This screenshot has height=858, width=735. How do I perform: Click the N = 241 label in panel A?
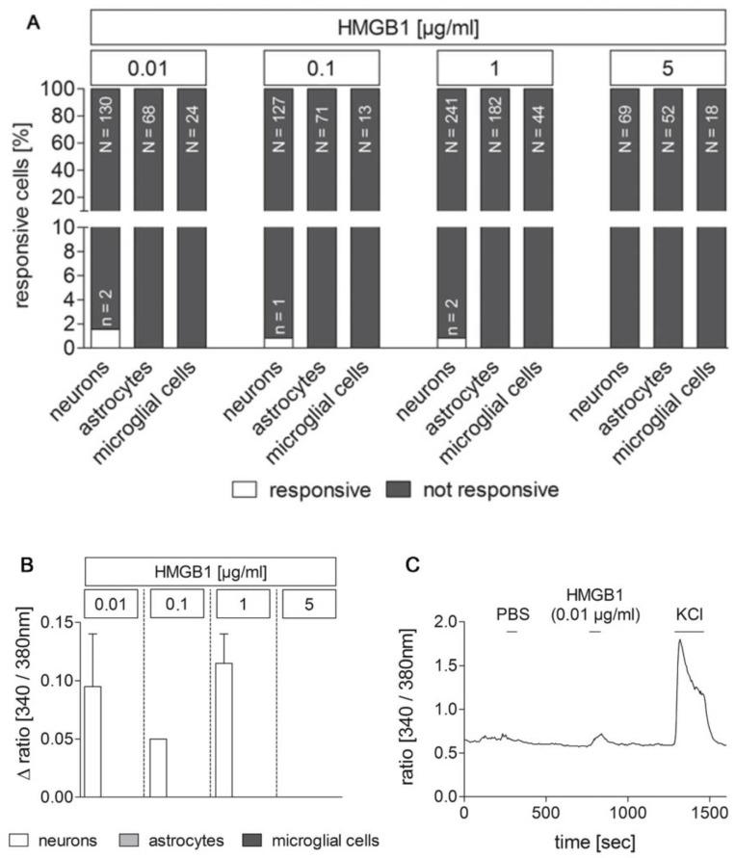(452, 120)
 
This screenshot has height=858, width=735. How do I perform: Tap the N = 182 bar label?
(494, 120)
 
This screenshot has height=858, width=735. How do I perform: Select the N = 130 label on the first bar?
(105, 120)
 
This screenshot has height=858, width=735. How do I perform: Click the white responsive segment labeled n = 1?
(278, 343)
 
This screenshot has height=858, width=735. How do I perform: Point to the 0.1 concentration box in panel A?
(321, 68)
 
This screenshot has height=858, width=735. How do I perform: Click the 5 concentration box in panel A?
(668, 68)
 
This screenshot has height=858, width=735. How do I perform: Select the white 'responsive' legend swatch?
(249, 489)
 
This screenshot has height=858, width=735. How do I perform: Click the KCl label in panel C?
(689, 612)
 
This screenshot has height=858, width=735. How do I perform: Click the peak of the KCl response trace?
(680, 640)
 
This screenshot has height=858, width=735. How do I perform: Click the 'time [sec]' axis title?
(590, 842)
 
